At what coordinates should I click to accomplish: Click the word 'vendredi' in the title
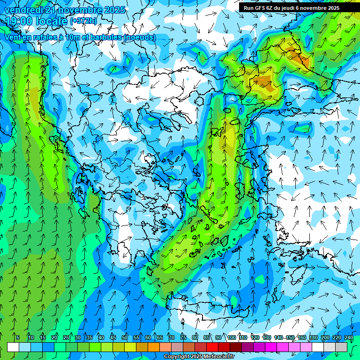coord(22,10)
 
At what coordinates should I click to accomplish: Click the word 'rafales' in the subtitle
coord(45,37)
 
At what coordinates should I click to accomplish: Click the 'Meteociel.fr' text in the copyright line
coord(216,357)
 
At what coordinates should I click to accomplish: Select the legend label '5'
coord(18,337)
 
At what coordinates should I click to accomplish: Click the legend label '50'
coord(125,337)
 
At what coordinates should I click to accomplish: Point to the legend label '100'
coord(231,337)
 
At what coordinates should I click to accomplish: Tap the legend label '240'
coord(348,337)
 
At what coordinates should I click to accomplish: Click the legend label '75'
coord(183,337)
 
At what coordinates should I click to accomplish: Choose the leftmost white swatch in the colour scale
coord(13,347)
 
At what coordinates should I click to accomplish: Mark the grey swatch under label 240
coord(341,347)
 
